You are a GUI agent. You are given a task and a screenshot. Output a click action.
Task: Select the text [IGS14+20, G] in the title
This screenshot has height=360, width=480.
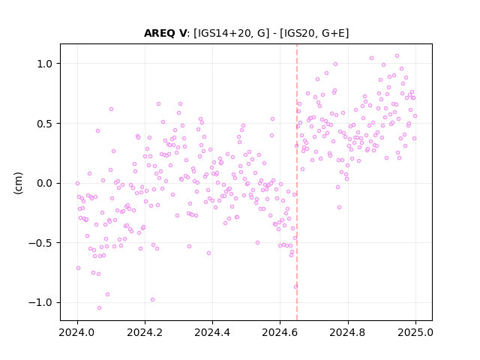[x=232, y=33]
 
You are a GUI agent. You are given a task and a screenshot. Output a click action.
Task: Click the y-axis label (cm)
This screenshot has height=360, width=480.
[x=18, y=183]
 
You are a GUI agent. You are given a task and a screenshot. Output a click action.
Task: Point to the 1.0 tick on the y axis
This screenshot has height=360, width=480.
[x=45, y=64]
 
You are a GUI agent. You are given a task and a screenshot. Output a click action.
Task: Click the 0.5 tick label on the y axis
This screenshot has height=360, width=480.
[x=45, y=124]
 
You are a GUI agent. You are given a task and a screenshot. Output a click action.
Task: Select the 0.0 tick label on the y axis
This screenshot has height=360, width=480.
[x=45, y=183]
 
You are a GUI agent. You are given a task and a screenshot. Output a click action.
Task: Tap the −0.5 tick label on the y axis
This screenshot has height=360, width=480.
[x=40, y=243]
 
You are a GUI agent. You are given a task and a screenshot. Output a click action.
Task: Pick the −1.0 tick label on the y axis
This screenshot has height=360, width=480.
[x=40, y=303]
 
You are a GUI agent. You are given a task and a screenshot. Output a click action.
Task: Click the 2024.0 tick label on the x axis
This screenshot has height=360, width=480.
[x=77, y=332]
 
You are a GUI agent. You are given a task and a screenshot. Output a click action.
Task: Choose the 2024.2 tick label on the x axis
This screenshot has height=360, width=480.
[x=145, y=332]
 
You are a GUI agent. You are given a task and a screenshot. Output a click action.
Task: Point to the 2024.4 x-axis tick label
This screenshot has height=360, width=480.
[x=212, y=332]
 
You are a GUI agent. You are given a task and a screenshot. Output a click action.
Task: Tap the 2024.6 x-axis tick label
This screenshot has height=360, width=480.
[x=280, y=332]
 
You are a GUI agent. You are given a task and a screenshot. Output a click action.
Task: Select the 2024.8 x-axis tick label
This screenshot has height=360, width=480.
[x=348, y=332]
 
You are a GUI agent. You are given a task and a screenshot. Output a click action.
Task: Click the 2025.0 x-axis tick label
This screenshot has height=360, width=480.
[x=415, y=332]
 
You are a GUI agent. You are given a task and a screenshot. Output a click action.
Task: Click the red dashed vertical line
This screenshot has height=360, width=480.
[x=297, y=182]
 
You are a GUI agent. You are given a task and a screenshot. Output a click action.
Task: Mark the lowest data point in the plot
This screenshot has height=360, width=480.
[x=99, y=308]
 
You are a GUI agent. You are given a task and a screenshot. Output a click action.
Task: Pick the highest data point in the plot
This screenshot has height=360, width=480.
[x=397, y=56]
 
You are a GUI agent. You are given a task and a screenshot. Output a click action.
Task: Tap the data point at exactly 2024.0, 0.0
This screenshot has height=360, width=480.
[x=77, y=183]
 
